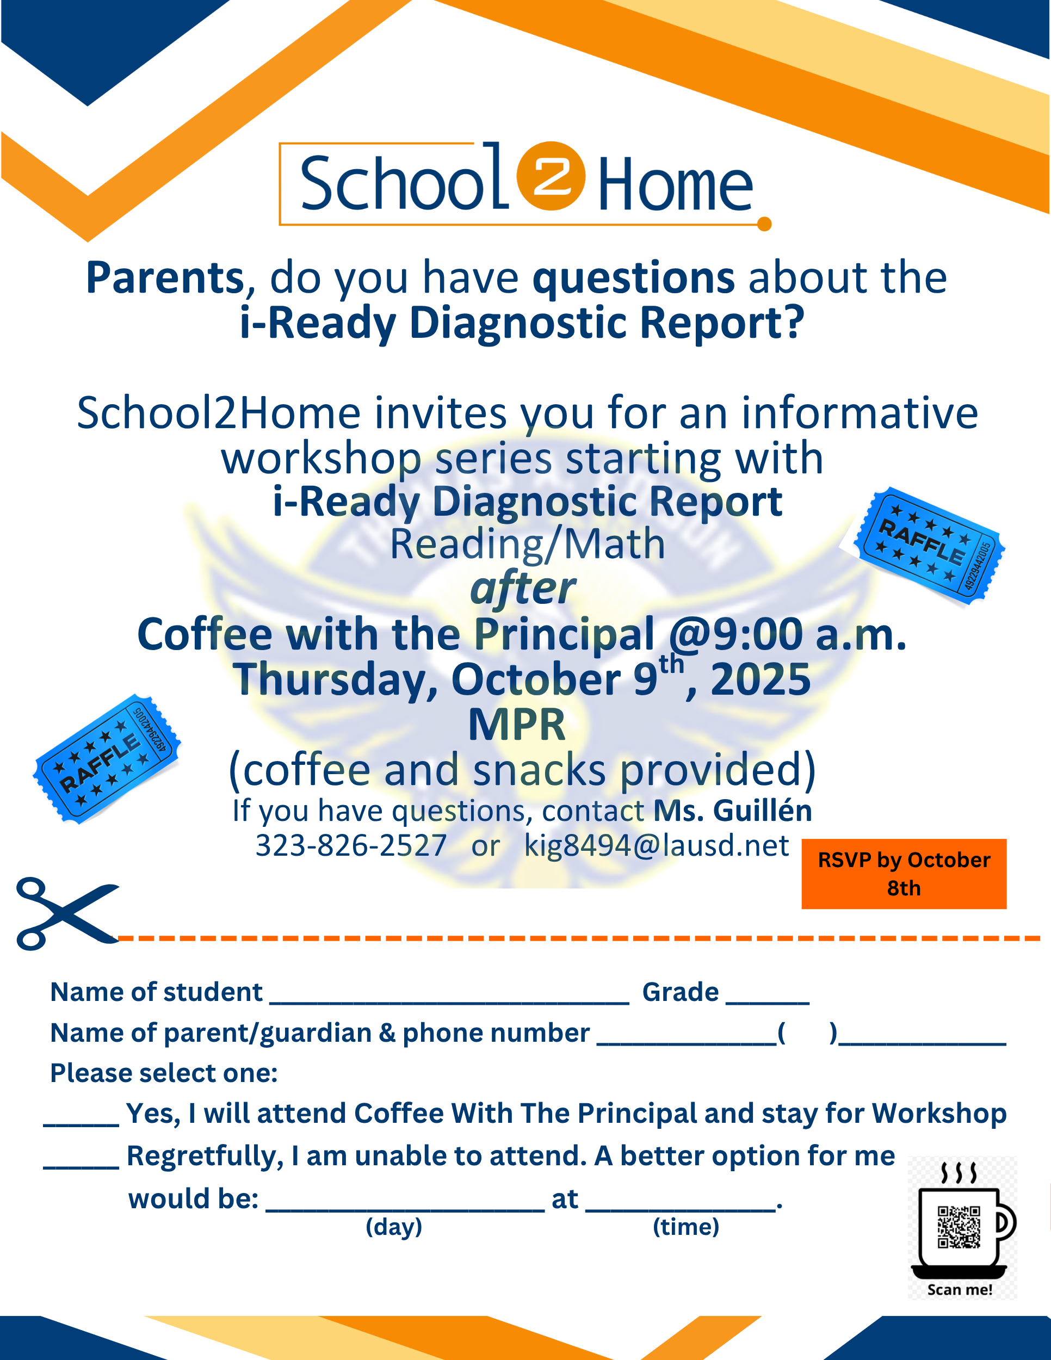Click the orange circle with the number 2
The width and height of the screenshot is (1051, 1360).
[x=551, y=176]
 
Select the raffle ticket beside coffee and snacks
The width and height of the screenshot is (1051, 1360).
[x=107, y=758]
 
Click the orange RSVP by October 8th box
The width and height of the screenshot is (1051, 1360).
[x=904, y=874]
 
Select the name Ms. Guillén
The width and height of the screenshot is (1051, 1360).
[x=733, y=811]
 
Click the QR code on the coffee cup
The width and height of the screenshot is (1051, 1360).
[x=959, y=1227]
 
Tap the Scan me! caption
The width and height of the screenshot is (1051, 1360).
[x=960, y=1290]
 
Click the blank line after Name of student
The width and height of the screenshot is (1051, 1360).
[x=449, y=1003]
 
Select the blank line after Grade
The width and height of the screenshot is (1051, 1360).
[x=768, y=1003]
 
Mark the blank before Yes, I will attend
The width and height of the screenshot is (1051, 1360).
[x=81, y=1124]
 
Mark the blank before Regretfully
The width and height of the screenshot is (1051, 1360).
[x=81, y=1166]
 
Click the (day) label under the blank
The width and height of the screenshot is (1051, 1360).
[x=393, y=1227]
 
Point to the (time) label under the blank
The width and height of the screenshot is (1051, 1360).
[x=685, y=1227]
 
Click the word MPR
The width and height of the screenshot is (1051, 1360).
[x=517, y=725]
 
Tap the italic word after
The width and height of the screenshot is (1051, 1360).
[x=523, y=588]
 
